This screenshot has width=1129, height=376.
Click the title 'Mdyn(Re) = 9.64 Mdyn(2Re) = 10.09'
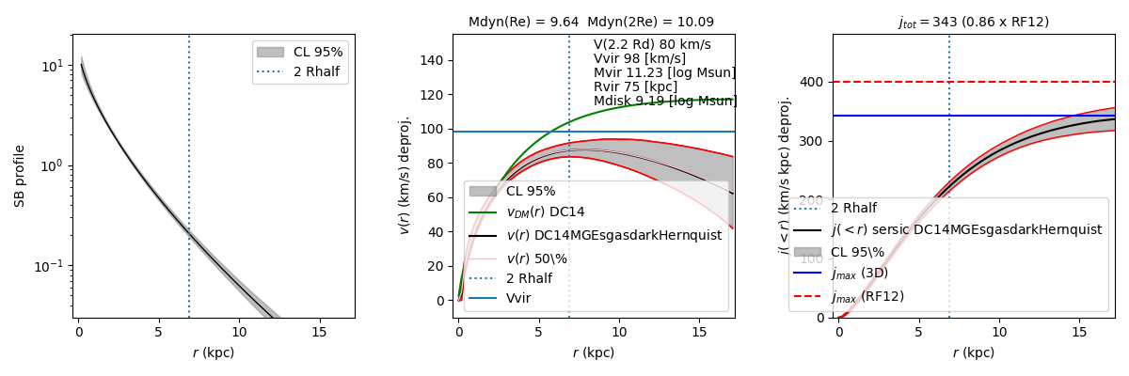point(591,22)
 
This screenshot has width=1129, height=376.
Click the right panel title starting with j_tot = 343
point(973,22)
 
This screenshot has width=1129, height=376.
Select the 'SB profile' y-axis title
point(19,176)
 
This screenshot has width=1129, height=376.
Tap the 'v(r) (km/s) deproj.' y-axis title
point(405,176)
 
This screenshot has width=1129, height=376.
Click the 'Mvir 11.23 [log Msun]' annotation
point(664,72)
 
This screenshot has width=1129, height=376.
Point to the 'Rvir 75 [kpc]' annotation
point(634,86)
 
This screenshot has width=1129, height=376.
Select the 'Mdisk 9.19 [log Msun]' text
point(664,101)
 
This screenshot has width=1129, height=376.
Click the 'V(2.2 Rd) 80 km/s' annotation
point(652,44)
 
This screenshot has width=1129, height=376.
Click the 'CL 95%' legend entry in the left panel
point(318,52)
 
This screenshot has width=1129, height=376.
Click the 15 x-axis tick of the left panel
point(319,332)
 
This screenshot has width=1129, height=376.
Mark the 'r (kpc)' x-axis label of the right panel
point(973,352)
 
